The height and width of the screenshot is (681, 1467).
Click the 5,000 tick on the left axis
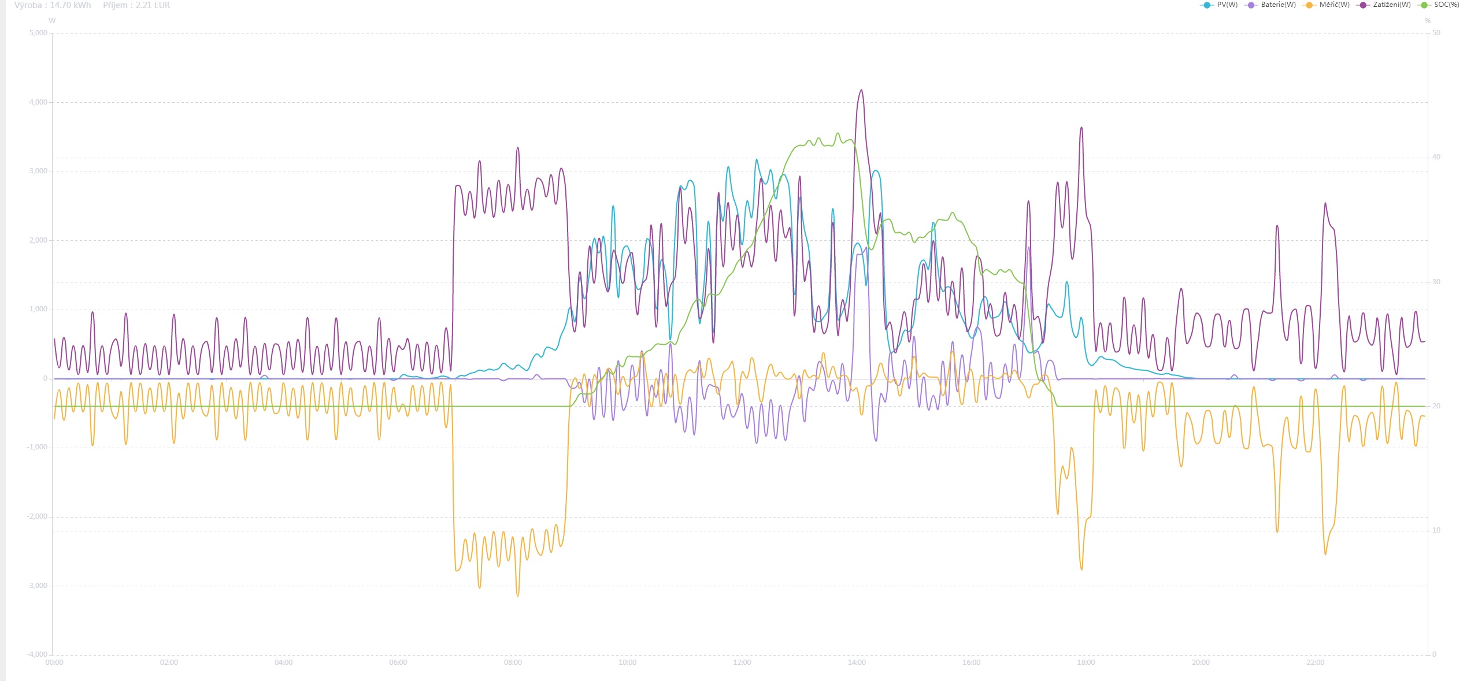click(38, 33)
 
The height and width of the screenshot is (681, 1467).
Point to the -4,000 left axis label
click(37, 654)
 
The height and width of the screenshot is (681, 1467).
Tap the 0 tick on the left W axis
click(45, 378)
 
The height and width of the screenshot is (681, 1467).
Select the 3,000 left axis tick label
click(38, 171)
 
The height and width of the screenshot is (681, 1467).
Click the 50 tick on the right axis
click(1436, 33)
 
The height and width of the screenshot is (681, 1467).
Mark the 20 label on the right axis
click(1436, 406)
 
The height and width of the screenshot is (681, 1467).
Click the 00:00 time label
click(54, 663)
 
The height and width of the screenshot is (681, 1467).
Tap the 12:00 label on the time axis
click(742, 663)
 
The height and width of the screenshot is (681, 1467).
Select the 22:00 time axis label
click(1315, 663)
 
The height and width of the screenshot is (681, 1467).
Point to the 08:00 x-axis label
click(513, 663)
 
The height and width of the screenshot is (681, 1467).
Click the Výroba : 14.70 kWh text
click(53, 5)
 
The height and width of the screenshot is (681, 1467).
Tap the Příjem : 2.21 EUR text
click(136, 5)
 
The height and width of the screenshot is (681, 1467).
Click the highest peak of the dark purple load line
click(862, 90)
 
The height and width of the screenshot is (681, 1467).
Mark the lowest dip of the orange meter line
click(517, 596)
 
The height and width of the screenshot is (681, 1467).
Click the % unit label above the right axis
click(1428, 21)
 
